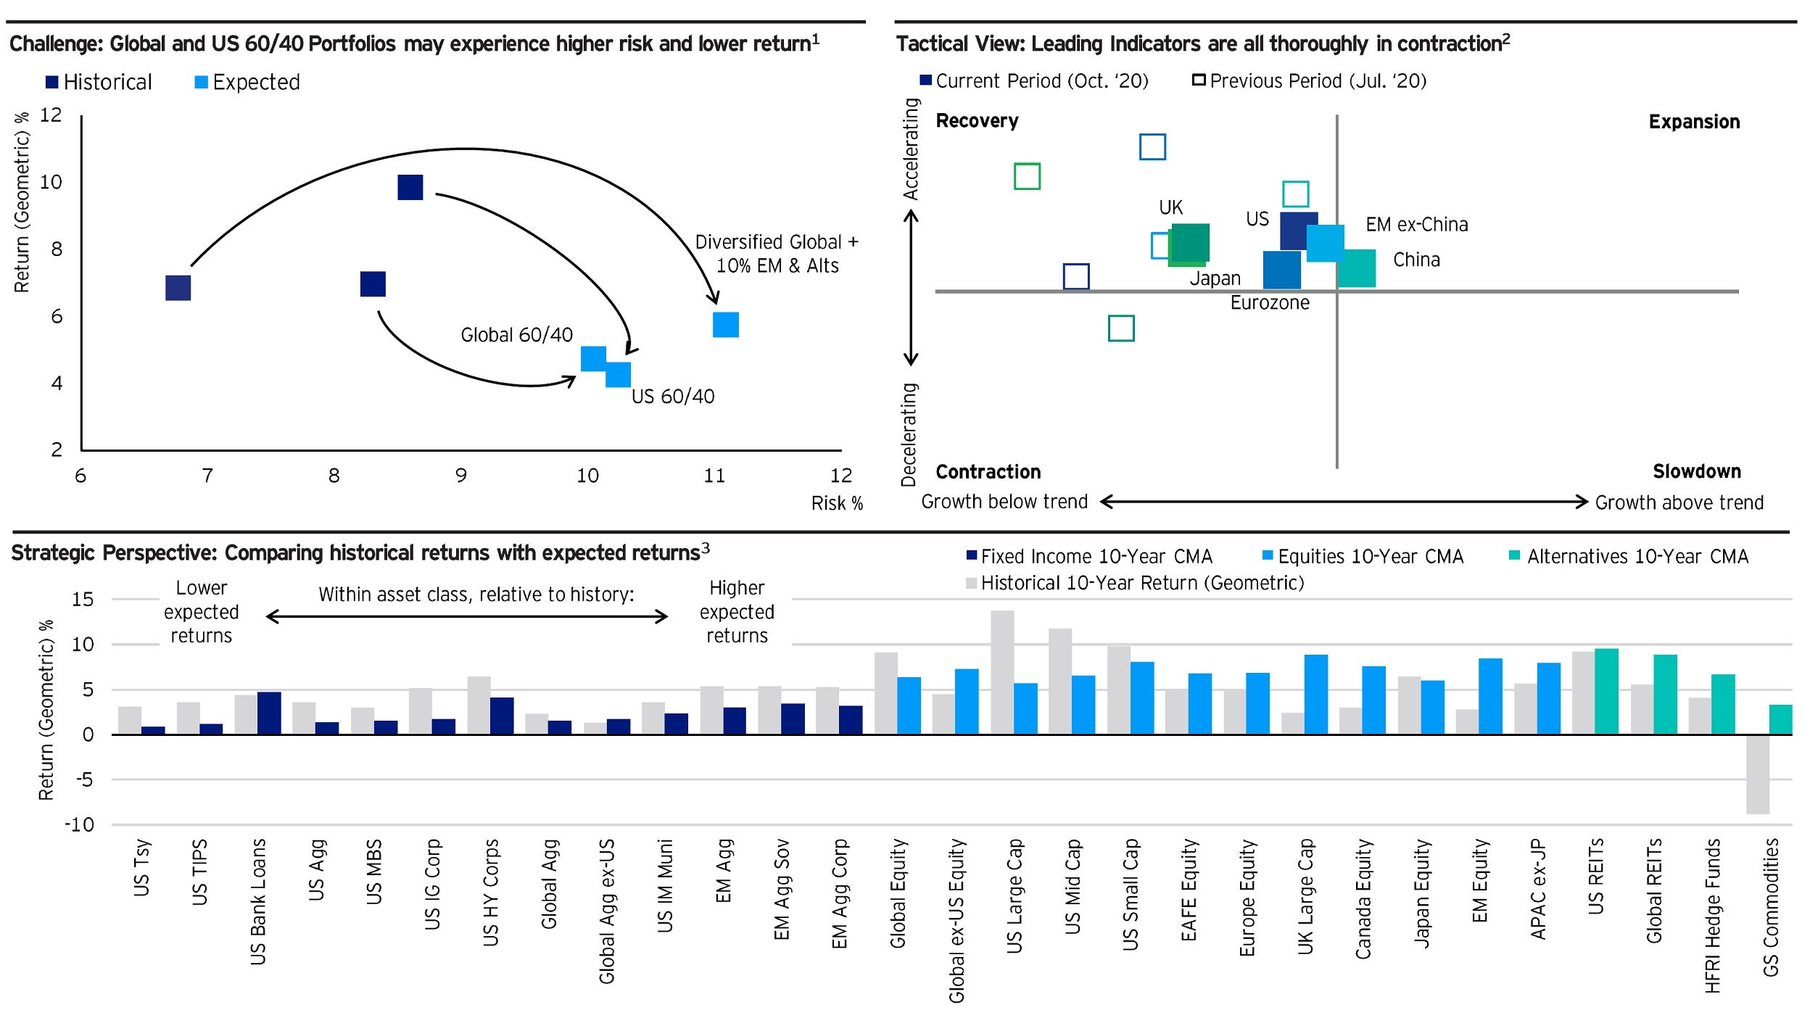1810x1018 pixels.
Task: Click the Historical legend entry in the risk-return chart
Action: [99, 82]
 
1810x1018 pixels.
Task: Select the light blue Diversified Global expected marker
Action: [725, 325]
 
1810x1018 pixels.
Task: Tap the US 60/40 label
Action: [672, 397]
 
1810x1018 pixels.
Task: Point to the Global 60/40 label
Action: [516, 335]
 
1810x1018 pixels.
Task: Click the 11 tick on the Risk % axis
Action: [714, 476]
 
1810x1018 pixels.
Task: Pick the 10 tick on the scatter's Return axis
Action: [51, 182]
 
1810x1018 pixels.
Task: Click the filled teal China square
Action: [1357, 269]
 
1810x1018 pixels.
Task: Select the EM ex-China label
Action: [1416, 225]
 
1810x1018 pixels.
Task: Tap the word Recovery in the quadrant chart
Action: [977, 121]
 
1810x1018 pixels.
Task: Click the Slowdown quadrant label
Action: [1696, 472]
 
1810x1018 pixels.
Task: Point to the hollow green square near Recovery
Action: [1027, 176]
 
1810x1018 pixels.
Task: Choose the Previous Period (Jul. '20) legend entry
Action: [1310, 81]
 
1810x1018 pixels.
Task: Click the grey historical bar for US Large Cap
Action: [1002, 671]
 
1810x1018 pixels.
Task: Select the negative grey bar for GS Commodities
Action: [1757, 774]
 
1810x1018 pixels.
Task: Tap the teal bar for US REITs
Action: [1606, 691]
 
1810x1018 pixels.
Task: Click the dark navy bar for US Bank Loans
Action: [269, 713]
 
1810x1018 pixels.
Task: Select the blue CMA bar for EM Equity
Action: [1490, 695]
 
